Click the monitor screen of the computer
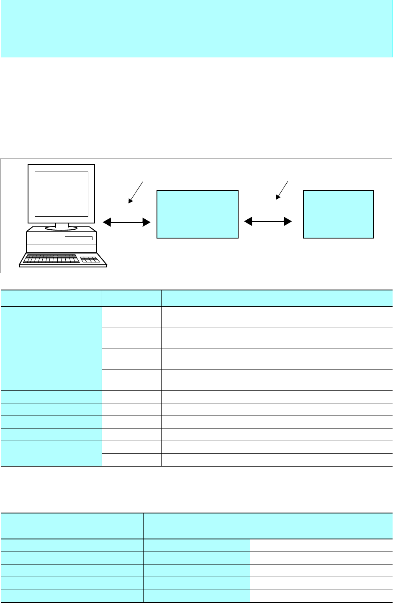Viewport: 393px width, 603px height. tap(62, 193)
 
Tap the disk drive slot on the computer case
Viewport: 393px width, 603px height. tap(78, 238)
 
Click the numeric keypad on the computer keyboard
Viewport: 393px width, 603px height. tap(90, 259)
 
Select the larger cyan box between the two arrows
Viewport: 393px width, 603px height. tap(197, 214)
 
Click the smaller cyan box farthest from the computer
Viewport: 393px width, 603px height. tap(338, 214)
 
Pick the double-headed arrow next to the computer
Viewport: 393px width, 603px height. tap(126, 223)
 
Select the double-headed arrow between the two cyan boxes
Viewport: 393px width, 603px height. tap(268, 222)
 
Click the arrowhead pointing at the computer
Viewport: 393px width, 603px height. tap(107, 223)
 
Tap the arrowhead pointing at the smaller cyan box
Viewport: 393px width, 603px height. tap(288, 222)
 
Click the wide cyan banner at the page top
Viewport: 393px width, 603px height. tap(196, 28)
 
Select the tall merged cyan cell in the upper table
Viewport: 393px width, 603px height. tap(51, 349)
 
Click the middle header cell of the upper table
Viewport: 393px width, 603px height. tap(131, 298)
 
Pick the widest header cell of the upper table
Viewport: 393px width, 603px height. tap(277, 298)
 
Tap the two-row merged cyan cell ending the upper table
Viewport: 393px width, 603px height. tap(51, 453)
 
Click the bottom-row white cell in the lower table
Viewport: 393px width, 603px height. tap(321, 596)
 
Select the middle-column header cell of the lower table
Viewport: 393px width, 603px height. tap(196, 526)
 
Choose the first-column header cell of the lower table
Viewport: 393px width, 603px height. tap(72, 526)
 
